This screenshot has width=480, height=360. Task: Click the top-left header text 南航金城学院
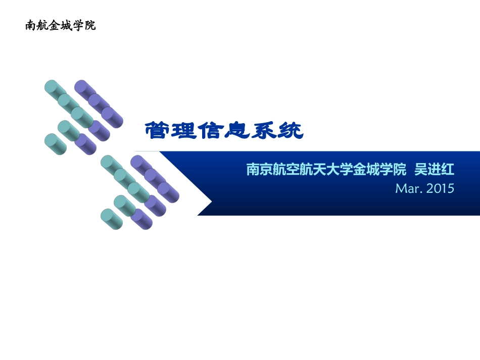click(x=61, y=25)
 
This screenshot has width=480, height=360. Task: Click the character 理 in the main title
click(x=184, y=131)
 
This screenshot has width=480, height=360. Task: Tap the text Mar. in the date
click(x=409, y=188)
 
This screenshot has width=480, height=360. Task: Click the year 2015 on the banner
click(x=441, y=188)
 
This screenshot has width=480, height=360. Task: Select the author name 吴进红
click(x=434, y=170)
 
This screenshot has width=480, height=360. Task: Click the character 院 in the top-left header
click(x=90, y=25)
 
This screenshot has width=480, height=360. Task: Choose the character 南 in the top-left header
click(x=31, y=25)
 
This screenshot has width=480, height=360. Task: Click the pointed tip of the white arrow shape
click(x=211, y=202)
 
